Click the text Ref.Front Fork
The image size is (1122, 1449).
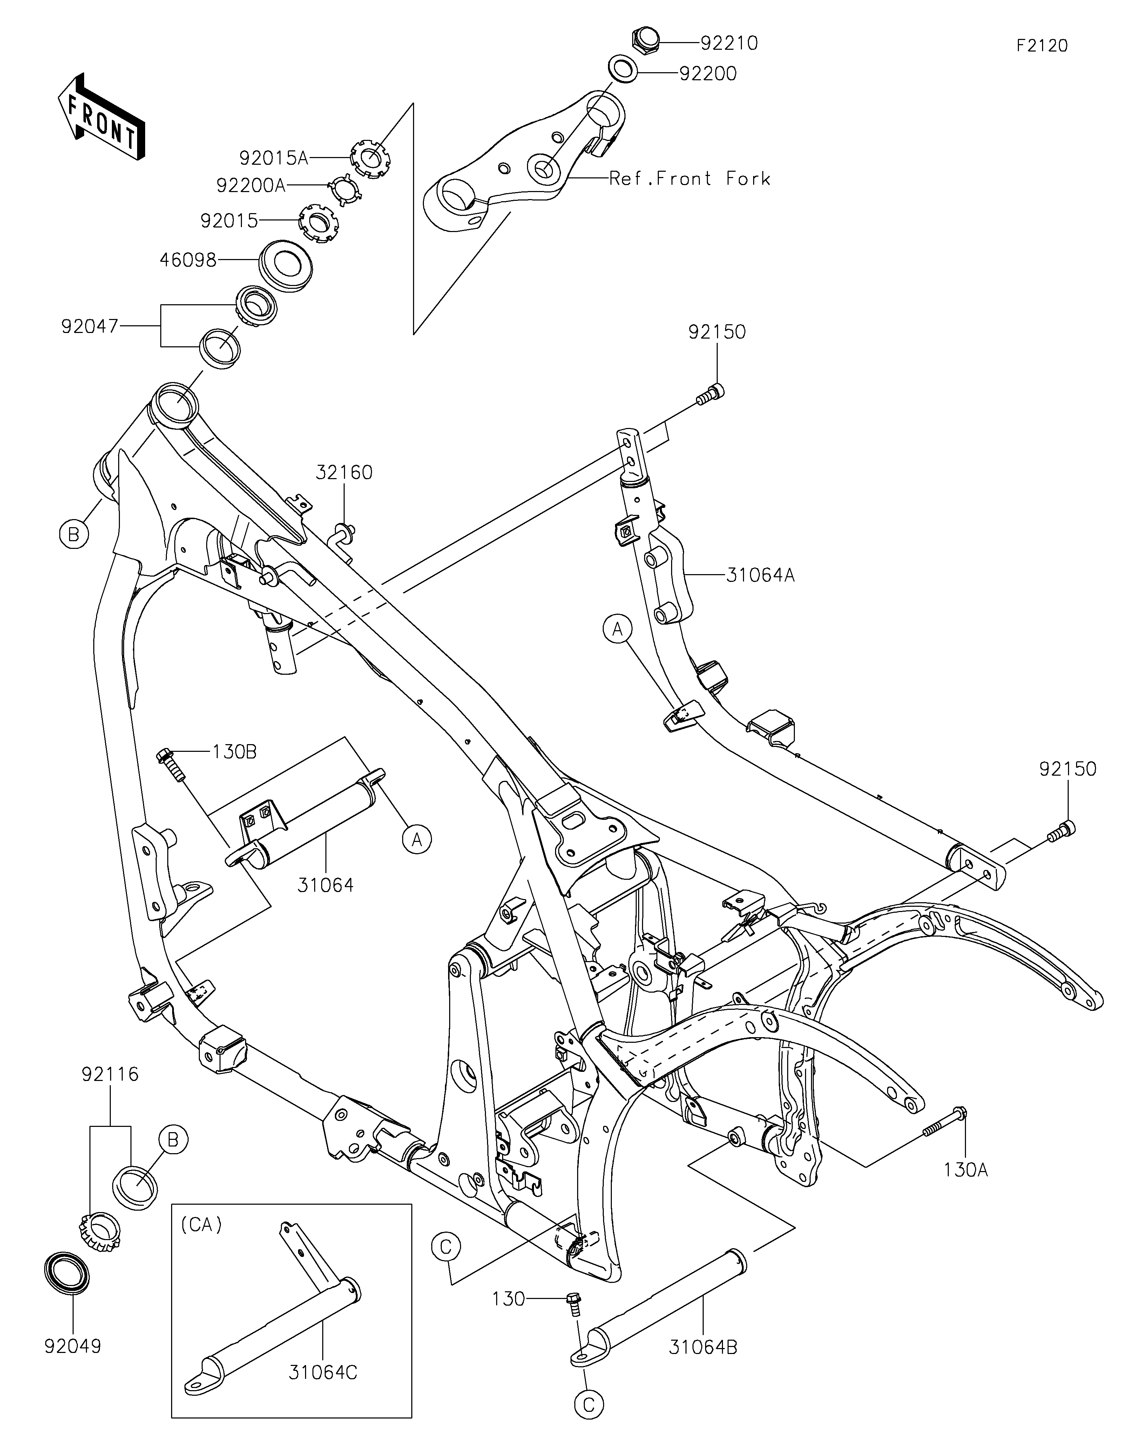(x=690, y=178)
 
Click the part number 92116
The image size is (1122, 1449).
(x=110, y=1074)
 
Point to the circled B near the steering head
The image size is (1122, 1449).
(x=74, y=533)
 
